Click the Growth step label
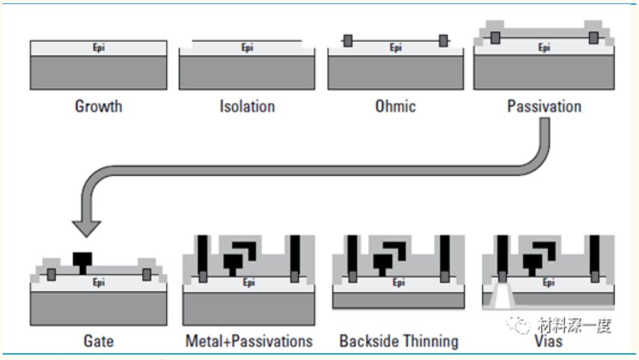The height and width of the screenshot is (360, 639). coord(99,106)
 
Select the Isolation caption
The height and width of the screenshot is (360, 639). coord(246,106)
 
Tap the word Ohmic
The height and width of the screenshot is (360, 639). coord(395,106)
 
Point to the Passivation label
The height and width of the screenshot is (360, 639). coord(544,106)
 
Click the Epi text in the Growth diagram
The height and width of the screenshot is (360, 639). coord(98,48)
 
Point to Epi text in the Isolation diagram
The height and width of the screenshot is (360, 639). coord(247,48)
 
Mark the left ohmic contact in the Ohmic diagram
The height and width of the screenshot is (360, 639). coord(348,41)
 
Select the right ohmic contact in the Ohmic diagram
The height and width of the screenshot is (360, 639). coord(443,41)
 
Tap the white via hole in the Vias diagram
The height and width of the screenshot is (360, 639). coord(501,296)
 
